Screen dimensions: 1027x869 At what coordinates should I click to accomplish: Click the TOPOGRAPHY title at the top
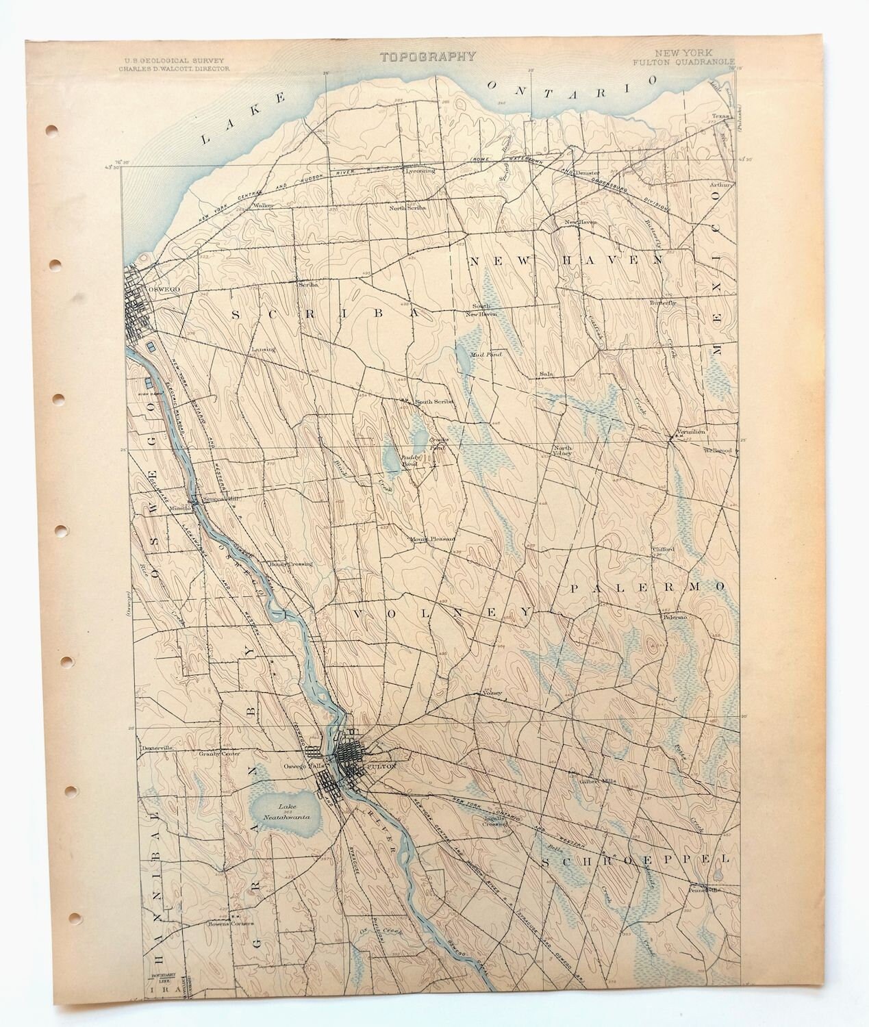(429, 57)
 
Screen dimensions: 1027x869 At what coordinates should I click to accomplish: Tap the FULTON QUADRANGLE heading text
(683, 62)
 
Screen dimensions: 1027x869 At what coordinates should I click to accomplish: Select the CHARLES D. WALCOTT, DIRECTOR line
(174, 68)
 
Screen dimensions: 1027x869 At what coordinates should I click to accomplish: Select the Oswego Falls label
(303, 766)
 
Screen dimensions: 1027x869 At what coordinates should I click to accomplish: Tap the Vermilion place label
(691, 433)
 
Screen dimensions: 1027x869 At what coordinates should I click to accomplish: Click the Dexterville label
(155, 748)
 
